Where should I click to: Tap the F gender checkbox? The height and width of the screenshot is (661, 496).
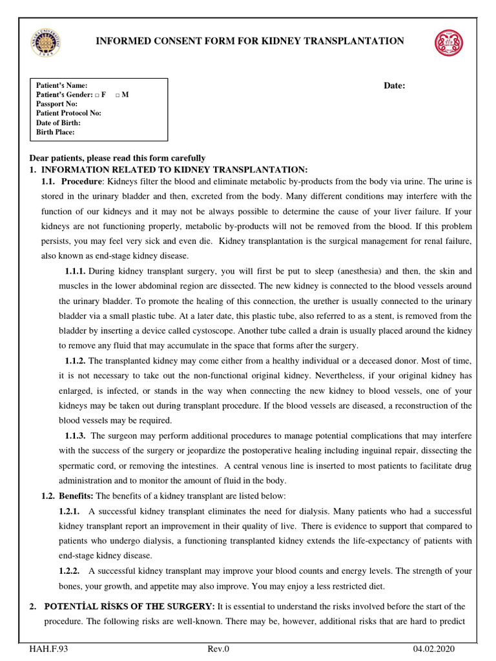coord(96,95)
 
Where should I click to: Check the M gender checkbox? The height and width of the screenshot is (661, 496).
coord(118,95)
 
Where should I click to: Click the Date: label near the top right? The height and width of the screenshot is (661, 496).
coord(395,86)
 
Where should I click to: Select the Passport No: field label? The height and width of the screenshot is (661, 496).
coord(57,103)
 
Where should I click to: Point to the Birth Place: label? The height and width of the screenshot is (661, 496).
coord(56,132)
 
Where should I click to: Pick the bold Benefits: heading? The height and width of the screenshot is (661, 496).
coord(77,495)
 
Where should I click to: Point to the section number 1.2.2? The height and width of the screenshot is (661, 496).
coord(69,571)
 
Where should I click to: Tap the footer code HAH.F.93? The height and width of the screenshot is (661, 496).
coord(49,649)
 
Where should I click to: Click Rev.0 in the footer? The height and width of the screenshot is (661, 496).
coord(218,649)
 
